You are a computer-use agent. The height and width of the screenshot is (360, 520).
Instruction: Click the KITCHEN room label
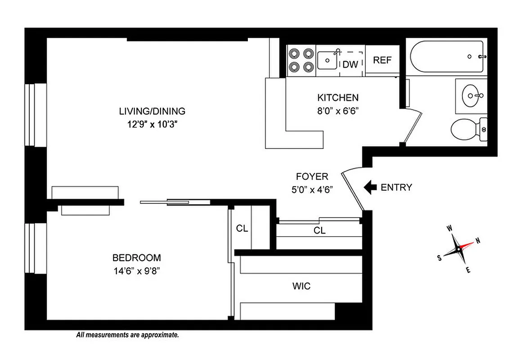coord(338,98)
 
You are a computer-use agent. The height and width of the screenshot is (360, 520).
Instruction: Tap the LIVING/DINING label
coord(152,111)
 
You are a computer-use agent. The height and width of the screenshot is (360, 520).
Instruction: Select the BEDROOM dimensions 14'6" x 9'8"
coord(136,271)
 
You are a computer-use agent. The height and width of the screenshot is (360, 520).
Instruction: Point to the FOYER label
coord(312,176)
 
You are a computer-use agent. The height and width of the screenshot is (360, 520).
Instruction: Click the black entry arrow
coord(370,187)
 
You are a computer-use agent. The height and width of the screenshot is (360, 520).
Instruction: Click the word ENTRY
coord(396,188)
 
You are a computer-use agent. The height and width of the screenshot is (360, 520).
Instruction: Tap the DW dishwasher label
coord(350,64)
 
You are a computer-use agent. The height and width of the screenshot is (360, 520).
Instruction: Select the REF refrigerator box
coord(382,60)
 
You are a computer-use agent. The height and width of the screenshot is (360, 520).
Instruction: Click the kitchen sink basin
coord(327,60)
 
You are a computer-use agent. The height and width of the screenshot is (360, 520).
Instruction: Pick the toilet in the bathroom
coord(468,130)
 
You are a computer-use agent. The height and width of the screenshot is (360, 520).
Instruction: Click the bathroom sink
coord(471,95)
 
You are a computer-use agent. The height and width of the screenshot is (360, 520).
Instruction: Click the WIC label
coord(301,286)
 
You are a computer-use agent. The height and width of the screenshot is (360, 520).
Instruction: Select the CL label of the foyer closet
coord(319,231)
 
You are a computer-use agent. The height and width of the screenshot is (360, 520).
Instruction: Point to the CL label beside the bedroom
coord(242,228)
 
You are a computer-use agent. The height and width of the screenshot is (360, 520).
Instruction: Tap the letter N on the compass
coord(478,240)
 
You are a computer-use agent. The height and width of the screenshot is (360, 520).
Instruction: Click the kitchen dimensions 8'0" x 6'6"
coord(338,110)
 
